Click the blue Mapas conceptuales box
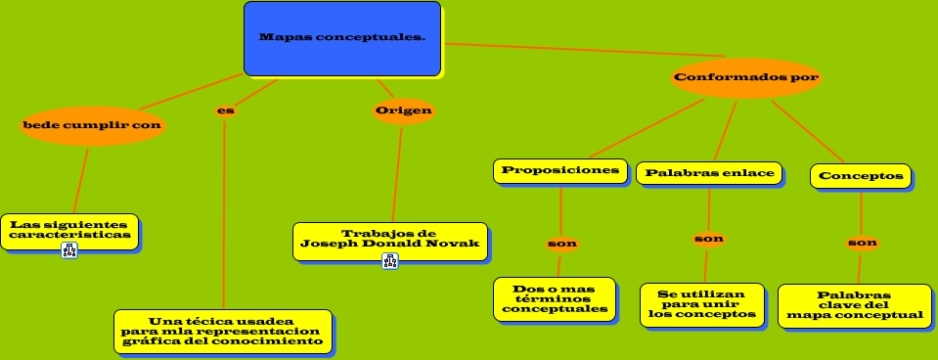(x=342, y=39)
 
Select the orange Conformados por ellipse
(x=746, y=77)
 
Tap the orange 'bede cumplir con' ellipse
(x=93, y=126)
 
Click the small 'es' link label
(x=225, y=111)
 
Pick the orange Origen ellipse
(x=404, y=110)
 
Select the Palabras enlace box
(x=709, y=173)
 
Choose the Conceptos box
(x=861, y=176)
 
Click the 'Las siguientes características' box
(x=69, y=230)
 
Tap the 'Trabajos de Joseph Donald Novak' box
(x=390, y=239)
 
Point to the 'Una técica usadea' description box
(x=222, y=331)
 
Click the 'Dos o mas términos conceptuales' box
(x=555, y=298)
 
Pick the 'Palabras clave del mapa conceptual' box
(x=854, y=305)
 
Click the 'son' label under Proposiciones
(x=561, y=243)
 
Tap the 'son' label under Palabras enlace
(x=708, y=239)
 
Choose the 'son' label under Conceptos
(x=862, y=243)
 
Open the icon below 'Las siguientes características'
(x=69, y=250)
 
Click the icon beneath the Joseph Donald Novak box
(x=390, y=261)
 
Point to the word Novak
(x=457, y=244)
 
